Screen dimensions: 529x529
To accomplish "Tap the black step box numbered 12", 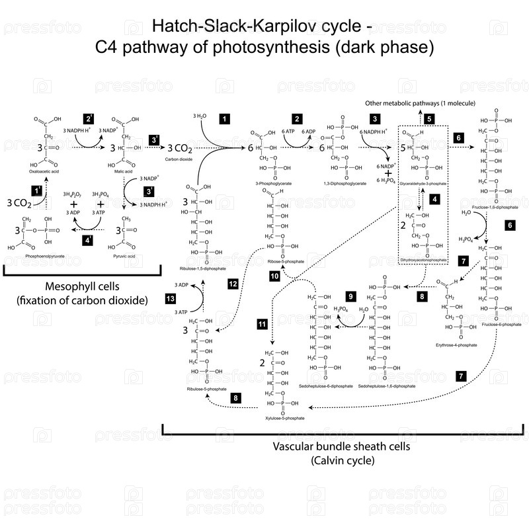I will pyautogui.click(x=233, y=284).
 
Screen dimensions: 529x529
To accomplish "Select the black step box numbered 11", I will pyautogui.click(x=263, y=323).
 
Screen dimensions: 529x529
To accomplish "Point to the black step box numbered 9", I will pyautogui.click(x=351, y=296).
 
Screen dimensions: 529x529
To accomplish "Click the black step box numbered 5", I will pyautogui.click(x=429, y=119).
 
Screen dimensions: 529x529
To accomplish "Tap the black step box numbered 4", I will pyautogui.click(x=434, y=198).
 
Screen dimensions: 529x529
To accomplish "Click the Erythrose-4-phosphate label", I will pyautogui.click(x=455, y=345).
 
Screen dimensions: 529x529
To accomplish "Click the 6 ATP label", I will pyautogui.click(x=289, y=131).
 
